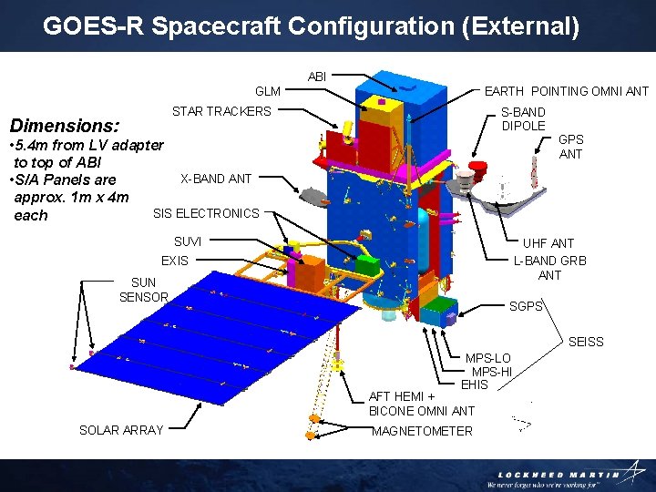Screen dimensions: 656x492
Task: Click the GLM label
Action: click(268, 91)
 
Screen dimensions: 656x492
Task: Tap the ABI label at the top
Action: click(317, 77)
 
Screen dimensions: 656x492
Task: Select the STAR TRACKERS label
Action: click(221, 111)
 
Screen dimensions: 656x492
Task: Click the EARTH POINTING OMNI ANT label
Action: click(566, 91)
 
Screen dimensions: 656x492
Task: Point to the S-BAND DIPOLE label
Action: click(523, 118)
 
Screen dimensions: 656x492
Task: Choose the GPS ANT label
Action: click(571, 147)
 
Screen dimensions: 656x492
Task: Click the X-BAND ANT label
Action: click(216, 179)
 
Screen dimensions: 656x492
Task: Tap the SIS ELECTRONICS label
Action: click(206, 213)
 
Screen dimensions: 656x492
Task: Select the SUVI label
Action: click(188, 241)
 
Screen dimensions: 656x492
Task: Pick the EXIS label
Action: click(175, 261)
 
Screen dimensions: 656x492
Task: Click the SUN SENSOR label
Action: click(144, 290)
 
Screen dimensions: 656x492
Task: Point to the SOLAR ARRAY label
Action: click(121, 430)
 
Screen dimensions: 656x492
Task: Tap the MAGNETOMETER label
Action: click(422, 431)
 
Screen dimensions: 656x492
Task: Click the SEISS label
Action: click(586, 342)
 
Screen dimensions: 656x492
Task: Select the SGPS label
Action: click(526, 306)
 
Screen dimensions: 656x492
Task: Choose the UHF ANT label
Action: click(548, 243)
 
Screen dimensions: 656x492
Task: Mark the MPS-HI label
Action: click(492, 372)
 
